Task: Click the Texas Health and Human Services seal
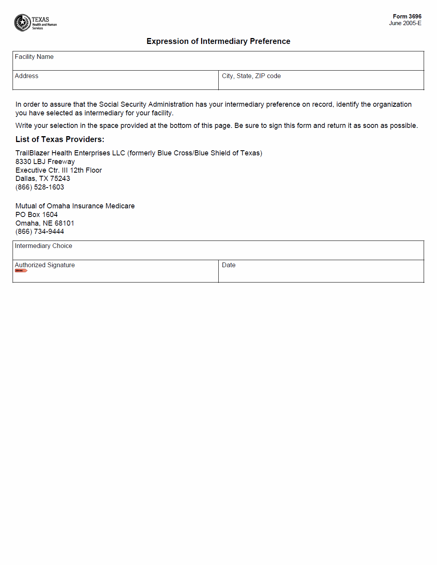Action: pyautogui.click(x=22, y=23)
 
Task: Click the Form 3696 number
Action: pyautogui.click(x=407, y=16)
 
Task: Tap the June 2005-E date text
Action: pyautogui.click(x=405, y=23)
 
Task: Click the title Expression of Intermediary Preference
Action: pyautogui.click(x=218, y=41)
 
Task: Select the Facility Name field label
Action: pyautogui.click(x=34, y=57)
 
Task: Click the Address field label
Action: pyautogui.click(x=27, y=76)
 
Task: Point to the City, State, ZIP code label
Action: pyautogui.click(x=251, y=76)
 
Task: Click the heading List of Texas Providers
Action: pyautogui.click(x=60, y=139)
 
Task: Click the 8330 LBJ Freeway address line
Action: pyautogui.click(x=45, y=162)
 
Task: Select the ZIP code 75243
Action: pyautogui.click(x=60, y=179)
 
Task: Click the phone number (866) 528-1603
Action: pyautogui.click(x=40, y=187)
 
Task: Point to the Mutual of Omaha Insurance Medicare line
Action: pyautogui.click(x=75, y=206)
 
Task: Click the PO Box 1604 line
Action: pyautogui.click(x=37, y=215)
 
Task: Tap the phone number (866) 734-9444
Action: pyautogui.click(x=40, y=231)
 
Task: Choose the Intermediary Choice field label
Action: pyautogui.click(x=44, y=246)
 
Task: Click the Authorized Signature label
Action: pyautogui.click(x=45, y=265)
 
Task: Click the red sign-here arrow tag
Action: pyautogui.click(x=21, y=271)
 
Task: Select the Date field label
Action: pyautogui.click(x=229, y=265)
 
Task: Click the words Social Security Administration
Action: pyautogui.click(x=146, y=104)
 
